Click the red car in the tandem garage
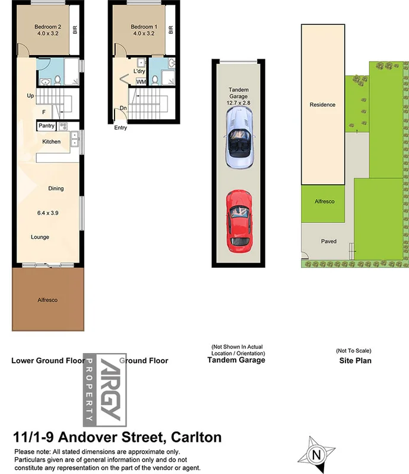pos(237,221)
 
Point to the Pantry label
pos(46,126)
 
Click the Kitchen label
pos(51,142)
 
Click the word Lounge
pos(40,237)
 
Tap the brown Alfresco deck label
pos(47,300)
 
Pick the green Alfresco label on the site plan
pos(324,201)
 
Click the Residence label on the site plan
pos(322,105)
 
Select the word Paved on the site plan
pos(328,241)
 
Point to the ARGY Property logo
pos(99,389)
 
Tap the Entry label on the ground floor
pos(121,127)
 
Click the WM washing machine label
pos(141,82)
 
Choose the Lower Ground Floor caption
pos(47,360)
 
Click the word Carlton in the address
pos(196,438)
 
